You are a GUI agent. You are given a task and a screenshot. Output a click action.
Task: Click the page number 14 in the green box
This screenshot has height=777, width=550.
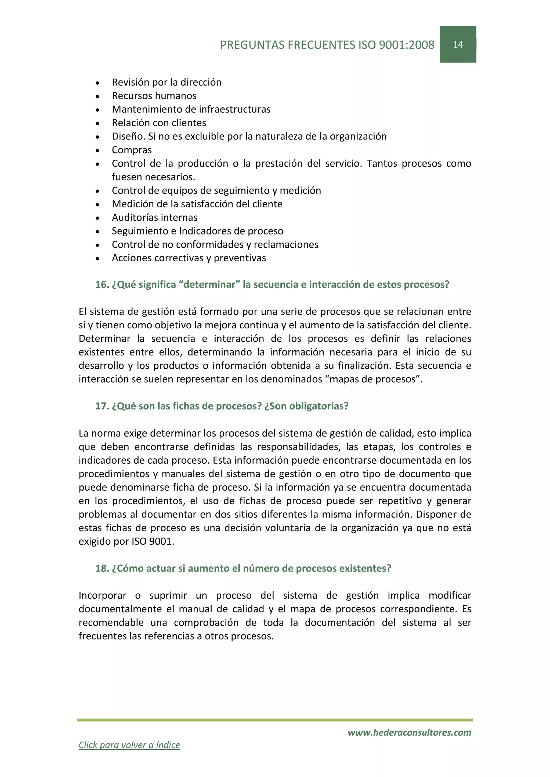tap(458, 45)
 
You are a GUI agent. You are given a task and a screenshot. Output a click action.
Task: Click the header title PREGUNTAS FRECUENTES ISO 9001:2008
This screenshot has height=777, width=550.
tap(327, 45)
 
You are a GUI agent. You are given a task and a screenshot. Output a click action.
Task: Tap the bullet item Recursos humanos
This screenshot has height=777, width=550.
tap(154, 96)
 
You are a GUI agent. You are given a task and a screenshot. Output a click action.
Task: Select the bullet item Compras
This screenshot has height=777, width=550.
tap(132, 150)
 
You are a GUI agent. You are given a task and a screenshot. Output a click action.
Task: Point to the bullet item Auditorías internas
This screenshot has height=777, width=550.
tap(154, 218)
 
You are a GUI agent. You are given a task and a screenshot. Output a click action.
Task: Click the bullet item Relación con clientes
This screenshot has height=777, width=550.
tap(159, 123)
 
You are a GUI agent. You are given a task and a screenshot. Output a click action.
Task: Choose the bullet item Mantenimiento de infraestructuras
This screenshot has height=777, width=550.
tap(191, 109)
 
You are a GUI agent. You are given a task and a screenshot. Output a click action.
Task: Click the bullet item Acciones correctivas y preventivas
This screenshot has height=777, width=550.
tap(189, 258)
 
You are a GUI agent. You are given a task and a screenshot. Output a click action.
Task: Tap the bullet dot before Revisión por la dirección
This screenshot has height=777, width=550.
tap(97, 83)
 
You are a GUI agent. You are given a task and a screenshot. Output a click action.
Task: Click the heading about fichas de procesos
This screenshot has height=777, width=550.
tap(222, 406)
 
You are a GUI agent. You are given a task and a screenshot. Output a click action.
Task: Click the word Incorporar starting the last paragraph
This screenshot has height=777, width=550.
tap(102, 596)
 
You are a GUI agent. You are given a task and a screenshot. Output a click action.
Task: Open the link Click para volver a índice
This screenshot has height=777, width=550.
tap(129, 745)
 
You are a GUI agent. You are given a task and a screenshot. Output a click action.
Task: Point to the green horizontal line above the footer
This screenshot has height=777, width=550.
tap(275, 720)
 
